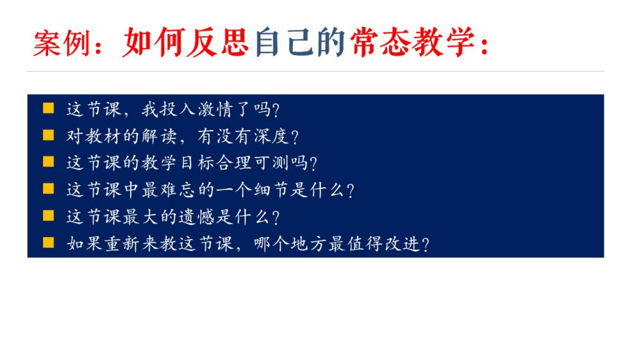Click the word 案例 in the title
pos(62,43)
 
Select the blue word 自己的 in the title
pos(300,42)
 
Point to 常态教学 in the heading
pos(412,42)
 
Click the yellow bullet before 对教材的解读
pos(48,135)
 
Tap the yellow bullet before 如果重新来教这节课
pos(48,243)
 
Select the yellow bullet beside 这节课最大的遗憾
pos(48,216)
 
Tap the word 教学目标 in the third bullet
pos(179,163)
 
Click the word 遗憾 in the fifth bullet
pos(197,217)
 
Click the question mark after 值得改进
pos(425,245)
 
